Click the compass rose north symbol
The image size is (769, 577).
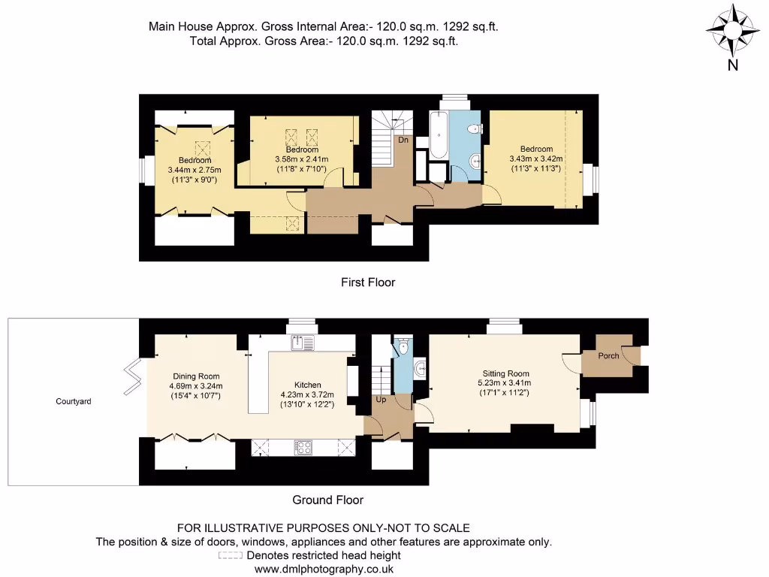click(732, 31)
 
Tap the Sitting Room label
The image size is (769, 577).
click(505, 373)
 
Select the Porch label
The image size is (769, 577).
click(608, 355)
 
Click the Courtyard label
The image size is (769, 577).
click(74, 402)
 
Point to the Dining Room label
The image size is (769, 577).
click(196, 376)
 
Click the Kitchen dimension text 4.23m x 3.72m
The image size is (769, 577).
click(306, 394)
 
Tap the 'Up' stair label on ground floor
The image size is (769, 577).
click(381, 400)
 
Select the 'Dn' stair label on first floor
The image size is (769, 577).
click(403, 140)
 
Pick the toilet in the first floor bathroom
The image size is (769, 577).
click(472, 130)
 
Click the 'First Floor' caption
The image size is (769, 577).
click(367, 282)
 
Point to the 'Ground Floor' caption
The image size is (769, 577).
click(327, 500)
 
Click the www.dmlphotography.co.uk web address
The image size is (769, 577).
click(324, 569)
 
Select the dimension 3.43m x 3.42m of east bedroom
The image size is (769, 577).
click(535, 159)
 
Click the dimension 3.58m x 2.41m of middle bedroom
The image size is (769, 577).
click(301, 159)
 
